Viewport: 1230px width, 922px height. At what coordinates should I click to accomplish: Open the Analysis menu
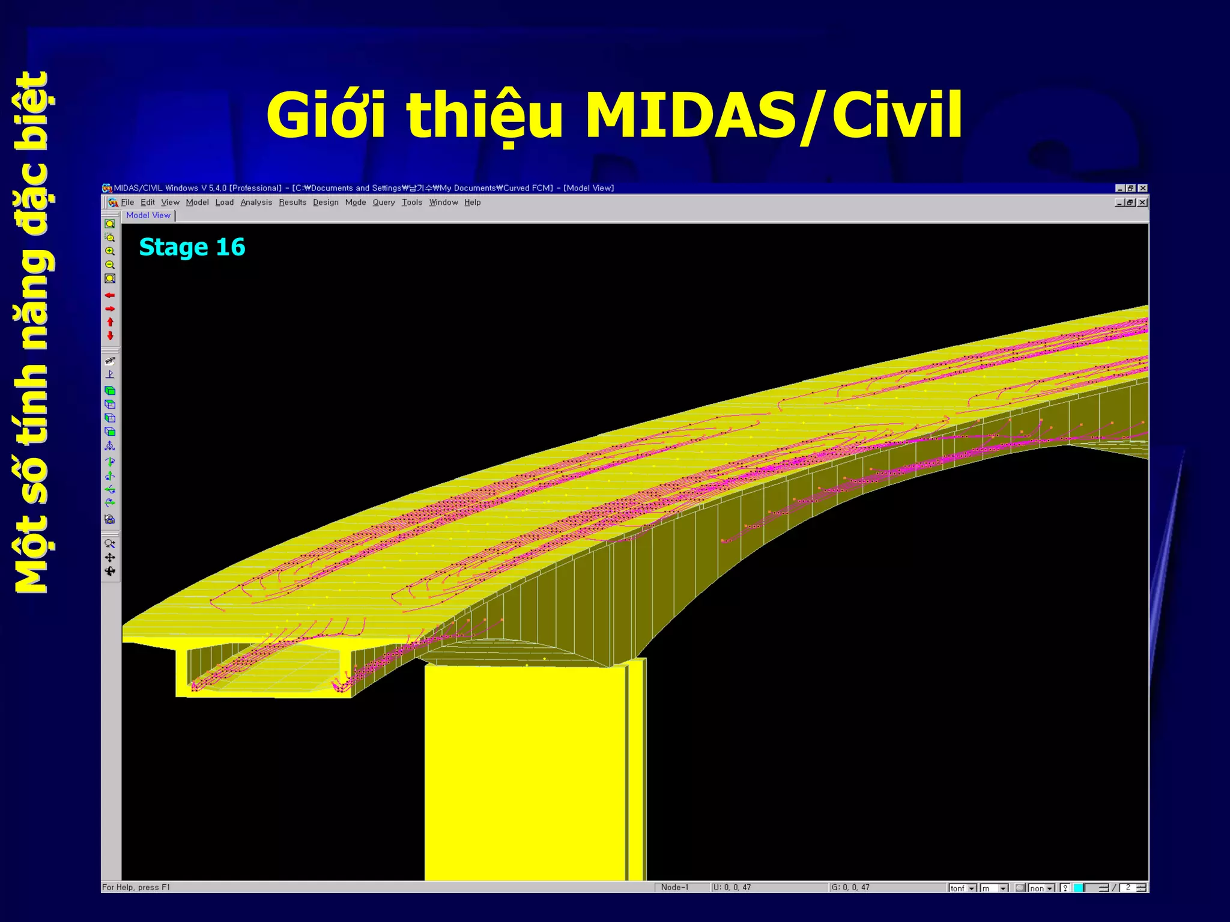[256, 203]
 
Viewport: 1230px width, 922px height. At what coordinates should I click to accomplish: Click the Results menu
[292, 203]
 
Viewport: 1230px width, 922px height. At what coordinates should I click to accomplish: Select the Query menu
[383, 203]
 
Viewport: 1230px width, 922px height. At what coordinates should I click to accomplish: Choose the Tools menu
[412, 203]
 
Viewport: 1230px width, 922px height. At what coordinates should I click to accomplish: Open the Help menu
[472, 203]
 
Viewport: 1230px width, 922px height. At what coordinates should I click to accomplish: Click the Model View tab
[148, 215]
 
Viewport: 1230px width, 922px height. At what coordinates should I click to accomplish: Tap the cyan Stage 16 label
[192, 247]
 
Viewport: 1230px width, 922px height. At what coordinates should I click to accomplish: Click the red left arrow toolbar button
[110, 295]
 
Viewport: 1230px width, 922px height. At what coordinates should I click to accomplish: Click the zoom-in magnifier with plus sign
[110, 251]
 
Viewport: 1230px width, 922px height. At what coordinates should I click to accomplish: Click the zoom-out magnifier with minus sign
[110, 265]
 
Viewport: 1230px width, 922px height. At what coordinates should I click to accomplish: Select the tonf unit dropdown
[963, 888]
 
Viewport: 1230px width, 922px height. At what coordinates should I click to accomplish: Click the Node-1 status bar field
[674, 887]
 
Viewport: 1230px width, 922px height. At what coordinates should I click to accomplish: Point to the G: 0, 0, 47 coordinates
[850, 887]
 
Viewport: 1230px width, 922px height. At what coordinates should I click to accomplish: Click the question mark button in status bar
[1065, 888]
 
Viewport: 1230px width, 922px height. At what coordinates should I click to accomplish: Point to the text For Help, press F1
[136, 887]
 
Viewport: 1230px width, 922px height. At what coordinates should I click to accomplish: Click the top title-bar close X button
[1142, 188]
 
